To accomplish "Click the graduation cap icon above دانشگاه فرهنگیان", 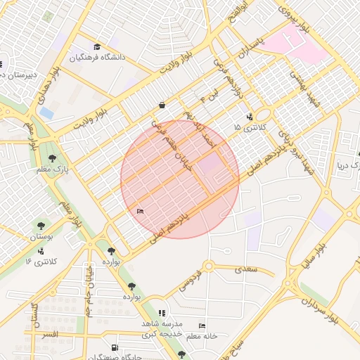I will tap(96, 47).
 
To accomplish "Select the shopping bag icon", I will tap(162, 105).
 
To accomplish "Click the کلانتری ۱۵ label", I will tap(251, 127).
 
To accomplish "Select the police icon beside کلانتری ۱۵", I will tap(250, 116).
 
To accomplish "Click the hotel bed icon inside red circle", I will tap(139, 210).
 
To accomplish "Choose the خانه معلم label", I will tap(202, 336).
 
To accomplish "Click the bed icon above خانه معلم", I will tap(202, 326).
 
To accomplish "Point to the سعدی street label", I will tap(247, 269).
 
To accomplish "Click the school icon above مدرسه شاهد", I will tap(162, 313).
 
